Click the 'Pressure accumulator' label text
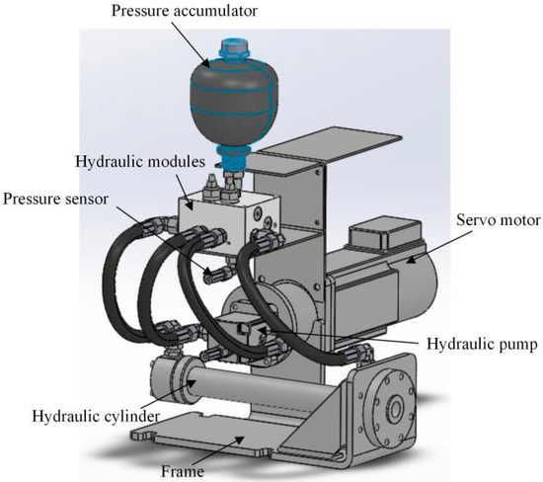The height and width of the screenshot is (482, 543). pyautogui.click(x=184, y=11)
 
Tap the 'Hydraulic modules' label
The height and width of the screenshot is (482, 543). pyautogui.click(x=140, y=161)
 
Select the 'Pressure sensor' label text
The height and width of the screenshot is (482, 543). pyautogui.click(x=55, y=199)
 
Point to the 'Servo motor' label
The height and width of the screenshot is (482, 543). pyautogui.click(x=499, y=219)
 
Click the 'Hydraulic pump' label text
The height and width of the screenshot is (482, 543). pyautogui.click(x=482, y=344)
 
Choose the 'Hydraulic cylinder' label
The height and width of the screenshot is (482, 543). pyautogui.click(x=96, y=416)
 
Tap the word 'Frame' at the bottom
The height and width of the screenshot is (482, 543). pyautogui.click(x=183, y=471)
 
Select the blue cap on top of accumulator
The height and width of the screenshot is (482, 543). pyautogui.click(x=234, y=48)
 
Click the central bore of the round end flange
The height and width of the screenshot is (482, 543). pyautogui.click(x=395, y=409)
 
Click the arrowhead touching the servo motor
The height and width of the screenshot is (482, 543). pyautogui.click(x=412, y=259)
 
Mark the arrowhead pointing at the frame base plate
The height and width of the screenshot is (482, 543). pyautogui.click(x=239, y=440)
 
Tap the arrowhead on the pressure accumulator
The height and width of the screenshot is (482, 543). pyautogui.click(x=205, y=62)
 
